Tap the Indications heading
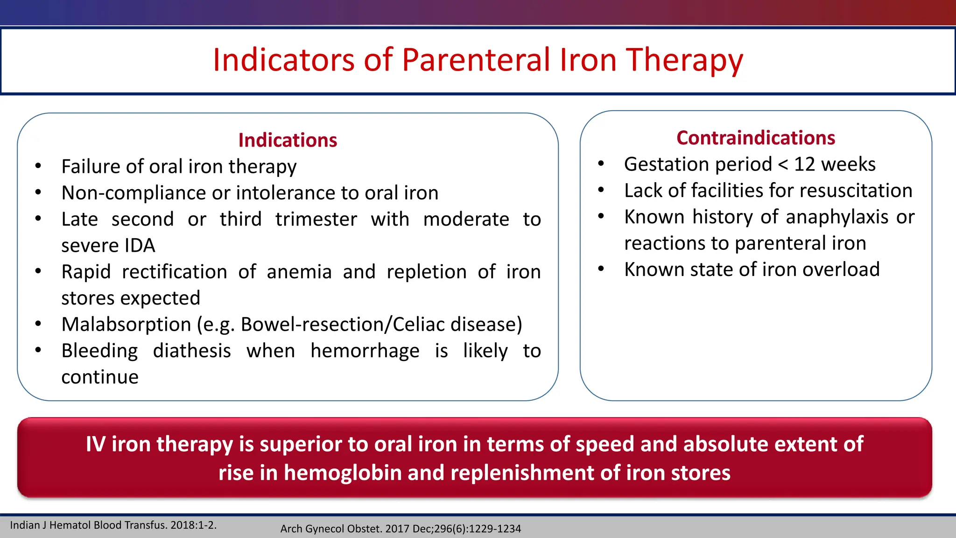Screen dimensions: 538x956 288,140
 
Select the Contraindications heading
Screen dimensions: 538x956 756,138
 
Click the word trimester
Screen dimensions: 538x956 316,219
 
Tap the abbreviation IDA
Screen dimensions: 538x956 140,246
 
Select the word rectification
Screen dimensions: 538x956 174,272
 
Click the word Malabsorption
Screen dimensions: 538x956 126,325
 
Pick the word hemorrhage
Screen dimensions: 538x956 365,351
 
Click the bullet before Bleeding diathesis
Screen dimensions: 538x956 38,350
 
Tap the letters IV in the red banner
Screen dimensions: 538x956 96,444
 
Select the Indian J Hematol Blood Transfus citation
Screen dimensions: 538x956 113,525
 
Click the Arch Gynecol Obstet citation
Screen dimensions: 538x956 400,529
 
